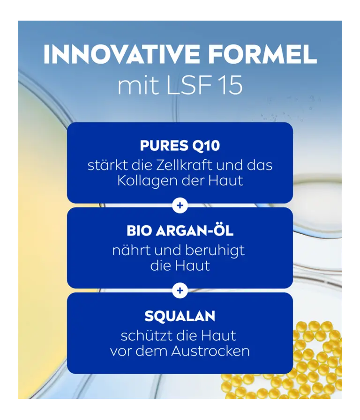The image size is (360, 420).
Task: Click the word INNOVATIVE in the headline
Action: [121, 54]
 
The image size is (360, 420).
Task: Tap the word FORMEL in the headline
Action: [262, 54]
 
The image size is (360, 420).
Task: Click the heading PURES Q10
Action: [180, 146]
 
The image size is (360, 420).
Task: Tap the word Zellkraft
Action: [184, 165]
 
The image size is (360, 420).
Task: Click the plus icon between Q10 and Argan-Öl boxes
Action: [180, 206]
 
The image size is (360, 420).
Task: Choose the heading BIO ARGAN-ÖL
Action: [180, 230]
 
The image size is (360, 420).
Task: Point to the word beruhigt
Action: [215, 251]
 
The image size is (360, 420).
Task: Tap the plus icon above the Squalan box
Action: [180, 290]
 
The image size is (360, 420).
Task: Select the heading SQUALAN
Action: [180, 316]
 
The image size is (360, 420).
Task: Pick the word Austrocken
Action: [210, 351]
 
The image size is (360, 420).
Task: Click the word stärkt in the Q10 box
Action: [108, 165]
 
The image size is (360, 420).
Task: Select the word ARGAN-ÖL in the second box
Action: [195, 230]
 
